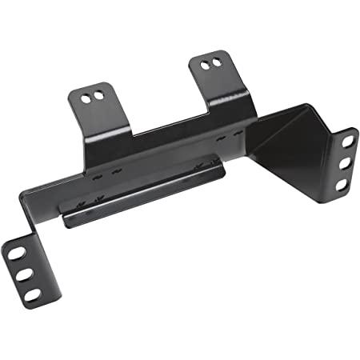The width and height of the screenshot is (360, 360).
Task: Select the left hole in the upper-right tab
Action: [205, 65]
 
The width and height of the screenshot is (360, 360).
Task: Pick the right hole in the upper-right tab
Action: [216, 63]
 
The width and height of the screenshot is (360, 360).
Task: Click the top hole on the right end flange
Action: [348, 141]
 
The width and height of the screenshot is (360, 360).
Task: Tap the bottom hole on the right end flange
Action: [341, 184]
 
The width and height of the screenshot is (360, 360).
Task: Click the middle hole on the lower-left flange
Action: [24, 274]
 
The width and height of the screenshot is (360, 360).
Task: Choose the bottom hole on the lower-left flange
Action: [32, 294]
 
